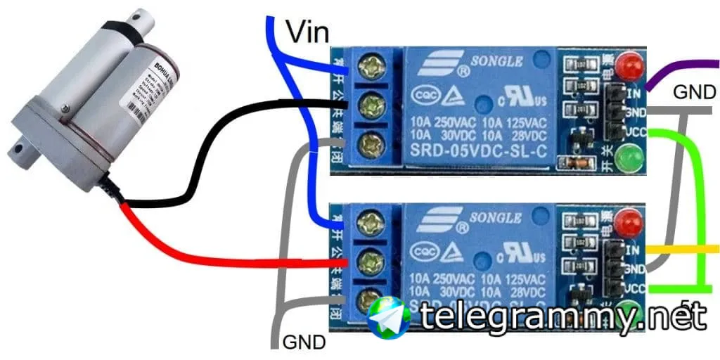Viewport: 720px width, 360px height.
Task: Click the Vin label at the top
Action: (x=307, y=31)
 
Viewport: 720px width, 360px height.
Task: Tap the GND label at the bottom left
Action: (x=304, y=342)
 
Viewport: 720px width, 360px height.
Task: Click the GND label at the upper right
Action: (x=695, y=92)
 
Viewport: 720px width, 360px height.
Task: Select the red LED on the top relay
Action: (x=631, y=67)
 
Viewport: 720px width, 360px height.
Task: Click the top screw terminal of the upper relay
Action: (x=371, y=69)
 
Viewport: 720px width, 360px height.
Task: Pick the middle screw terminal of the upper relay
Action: (x=371, y=108)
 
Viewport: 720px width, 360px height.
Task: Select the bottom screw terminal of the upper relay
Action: (x=371, y=147)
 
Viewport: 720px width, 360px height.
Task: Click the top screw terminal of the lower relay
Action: (x=371, y=224)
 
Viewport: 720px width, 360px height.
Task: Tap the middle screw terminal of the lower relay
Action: (x=371, y=264)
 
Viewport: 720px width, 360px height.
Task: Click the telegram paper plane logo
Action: (x=389, y=318)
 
